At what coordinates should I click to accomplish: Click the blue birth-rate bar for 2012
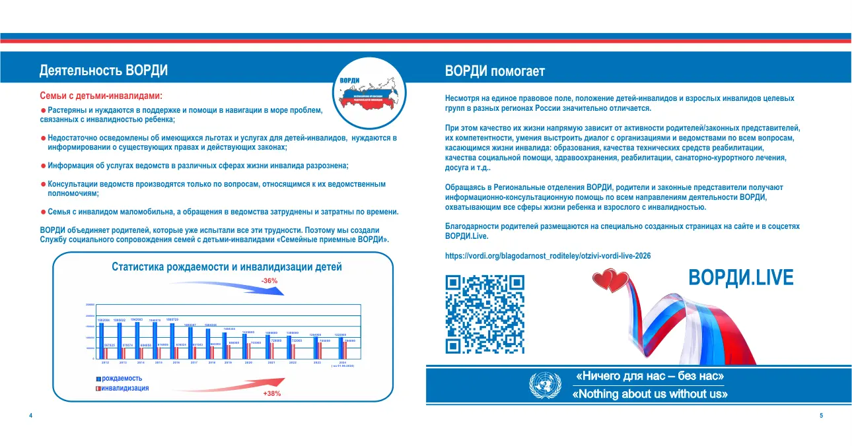[102, 341]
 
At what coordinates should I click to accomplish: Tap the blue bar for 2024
[341, 348]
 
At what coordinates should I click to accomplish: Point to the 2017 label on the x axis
[194, 363]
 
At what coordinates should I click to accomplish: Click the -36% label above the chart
[269, 281]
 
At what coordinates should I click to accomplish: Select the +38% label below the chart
[271, 393]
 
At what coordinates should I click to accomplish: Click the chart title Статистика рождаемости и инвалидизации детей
[227, 267]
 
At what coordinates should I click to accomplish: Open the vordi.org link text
[548, 255]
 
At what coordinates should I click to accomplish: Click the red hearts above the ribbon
[608, 282]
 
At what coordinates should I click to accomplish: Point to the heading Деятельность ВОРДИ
[104, 71]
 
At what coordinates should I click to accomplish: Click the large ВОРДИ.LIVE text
[740, 278]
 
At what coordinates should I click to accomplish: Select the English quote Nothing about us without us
[649, 395]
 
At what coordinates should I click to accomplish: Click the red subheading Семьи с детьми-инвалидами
[101, 96]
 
